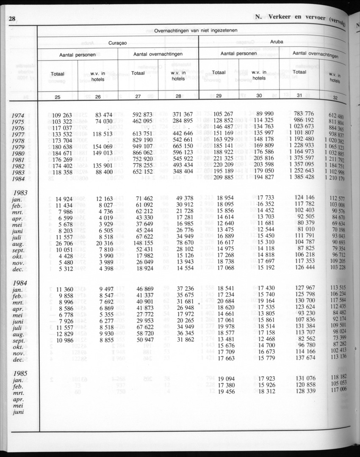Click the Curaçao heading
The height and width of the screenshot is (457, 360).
(118, 43)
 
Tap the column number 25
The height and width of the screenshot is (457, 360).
(58, 97)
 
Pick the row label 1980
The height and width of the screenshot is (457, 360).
(18, 154)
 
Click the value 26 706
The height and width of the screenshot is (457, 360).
(61, 243)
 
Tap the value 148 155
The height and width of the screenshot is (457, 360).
(142, 243)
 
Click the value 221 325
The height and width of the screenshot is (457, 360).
(223, 158)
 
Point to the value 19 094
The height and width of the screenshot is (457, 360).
(223, 378)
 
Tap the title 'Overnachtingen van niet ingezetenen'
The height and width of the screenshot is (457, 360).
(196, 30)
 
